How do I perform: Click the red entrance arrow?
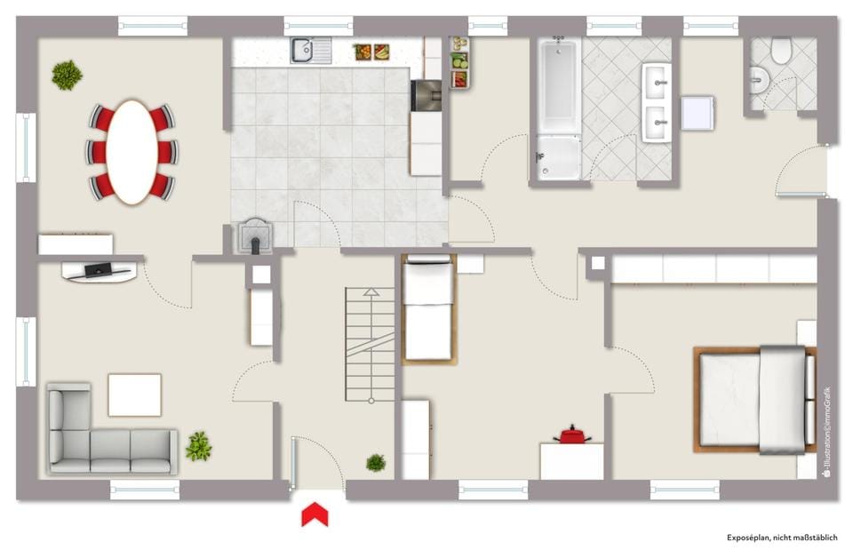tap(315, 514)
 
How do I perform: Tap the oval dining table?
tap(132, 152)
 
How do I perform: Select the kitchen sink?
tap(311, 50)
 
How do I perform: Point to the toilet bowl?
tap(780, 49)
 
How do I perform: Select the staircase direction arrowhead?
tap(371, 292)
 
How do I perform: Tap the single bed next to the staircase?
tap(428, 308)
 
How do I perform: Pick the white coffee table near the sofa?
tap(134, 395)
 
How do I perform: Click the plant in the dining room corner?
tap(67, 75)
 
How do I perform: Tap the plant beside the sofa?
tap(198, 446)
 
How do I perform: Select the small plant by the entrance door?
tap(375, 463)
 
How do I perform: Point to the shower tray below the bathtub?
tap(558, 158)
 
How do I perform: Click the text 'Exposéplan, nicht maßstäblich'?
tap(782, 538)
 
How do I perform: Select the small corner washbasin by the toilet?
tap(760, 80)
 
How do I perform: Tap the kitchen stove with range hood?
tap(426, 96)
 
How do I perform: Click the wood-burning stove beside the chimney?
tap(254, 236)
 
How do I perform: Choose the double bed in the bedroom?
tap(755, 400)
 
